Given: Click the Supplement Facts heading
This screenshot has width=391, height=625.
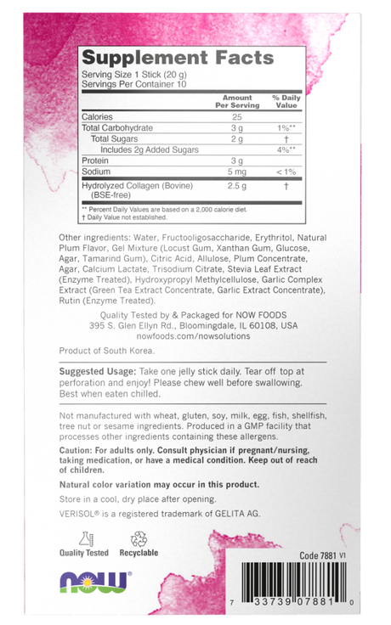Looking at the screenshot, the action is point(177,58).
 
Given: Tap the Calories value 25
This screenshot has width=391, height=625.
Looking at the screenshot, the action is point(237,116).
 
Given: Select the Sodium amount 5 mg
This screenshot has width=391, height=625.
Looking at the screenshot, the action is point(237,171).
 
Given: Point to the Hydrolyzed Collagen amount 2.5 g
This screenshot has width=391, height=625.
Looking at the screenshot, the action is point(237,185).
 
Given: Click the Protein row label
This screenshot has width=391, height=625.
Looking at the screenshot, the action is point(95,160).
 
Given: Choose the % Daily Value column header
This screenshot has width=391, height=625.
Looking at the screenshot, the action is point(286,102).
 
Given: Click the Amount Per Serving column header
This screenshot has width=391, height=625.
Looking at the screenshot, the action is point(237,102).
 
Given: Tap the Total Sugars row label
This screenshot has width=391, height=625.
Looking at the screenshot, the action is point(114,138).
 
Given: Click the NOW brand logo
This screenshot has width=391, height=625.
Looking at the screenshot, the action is point(94,583).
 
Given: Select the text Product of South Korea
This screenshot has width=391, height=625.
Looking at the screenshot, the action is point(102,350).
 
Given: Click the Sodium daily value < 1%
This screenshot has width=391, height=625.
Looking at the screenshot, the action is point(286,171).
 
